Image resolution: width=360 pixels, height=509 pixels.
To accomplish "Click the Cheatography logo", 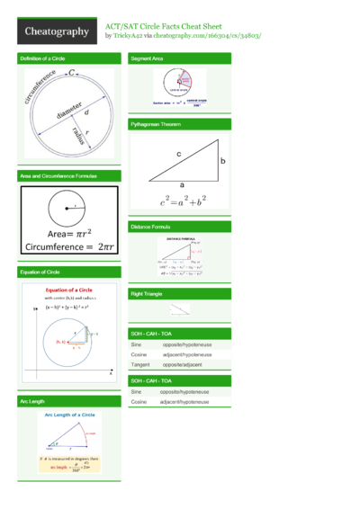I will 56,31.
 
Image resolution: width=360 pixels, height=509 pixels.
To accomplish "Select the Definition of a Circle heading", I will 42,58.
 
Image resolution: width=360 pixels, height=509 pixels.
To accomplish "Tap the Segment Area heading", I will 147,58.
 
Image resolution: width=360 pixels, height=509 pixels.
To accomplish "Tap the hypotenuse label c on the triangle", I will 179,155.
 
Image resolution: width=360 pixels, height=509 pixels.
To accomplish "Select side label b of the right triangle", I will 222,161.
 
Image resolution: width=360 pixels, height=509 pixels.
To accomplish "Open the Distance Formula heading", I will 150,227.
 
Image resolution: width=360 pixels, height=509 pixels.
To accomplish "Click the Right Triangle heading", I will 147,294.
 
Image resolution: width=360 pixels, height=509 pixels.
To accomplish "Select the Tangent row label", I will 139,366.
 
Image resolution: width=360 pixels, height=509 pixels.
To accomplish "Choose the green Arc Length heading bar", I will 68,400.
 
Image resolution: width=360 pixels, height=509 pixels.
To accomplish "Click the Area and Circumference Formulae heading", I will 58,175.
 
